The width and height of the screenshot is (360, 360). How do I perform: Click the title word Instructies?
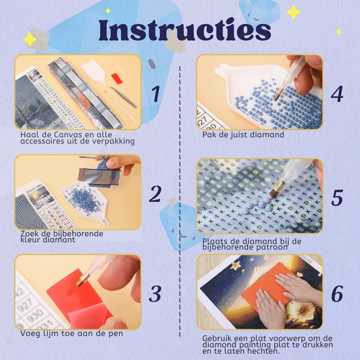(185, 30)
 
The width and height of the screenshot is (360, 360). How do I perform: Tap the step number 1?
(156, 94)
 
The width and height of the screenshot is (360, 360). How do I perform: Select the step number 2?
(155, 194)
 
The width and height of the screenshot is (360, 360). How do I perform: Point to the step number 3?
(155, 294)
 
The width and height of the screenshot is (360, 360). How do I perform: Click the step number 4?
(337, 94)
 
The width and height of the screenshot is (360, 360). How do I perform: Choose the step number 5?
(337, 198)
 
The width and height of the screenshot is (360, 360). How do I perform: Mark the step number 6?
(337, 294)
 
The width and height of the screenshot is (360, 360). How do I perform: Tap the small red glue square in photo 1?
(117, 79)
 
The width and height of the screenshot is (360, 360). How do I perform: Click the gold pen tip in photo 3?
(82, 279)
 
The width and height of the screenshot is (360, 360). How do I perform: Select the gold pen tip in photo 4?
(279, 93)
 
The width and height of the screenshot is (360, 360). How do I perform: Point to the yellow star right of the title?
(293, 12)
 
